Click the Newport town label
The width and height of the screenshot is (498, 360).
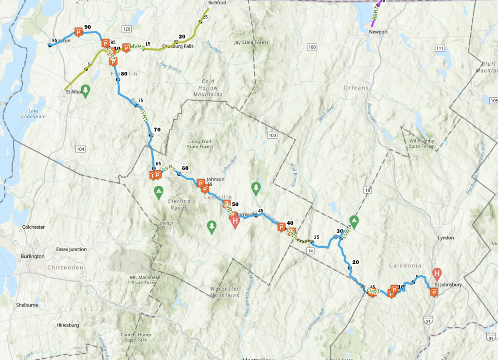[378, 32]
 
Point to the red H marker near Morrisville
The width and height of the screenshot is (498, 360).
[235, 222]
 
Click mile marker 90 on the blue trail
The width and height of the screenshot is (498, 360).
[88, 27]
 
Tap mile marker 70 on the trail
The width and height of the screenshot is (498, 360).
[157, 129]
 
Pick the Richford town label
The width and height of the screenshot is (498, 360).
[217, 3]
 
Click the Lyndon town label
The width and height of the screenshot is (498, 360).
[445, 238]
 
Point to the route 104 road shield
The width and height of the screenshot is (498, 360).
[80, 149]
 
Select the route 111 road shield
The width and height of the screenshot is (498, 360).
[441, 48]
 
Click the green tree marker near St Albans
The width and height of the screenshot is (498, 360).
[86, 90]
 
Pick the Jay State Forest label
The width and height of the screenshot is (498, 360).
[251, 42]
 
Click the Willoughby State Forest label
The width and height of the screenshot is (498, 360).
[422, 143]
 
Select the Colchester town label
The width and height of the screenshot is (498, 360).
[34, 227]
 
